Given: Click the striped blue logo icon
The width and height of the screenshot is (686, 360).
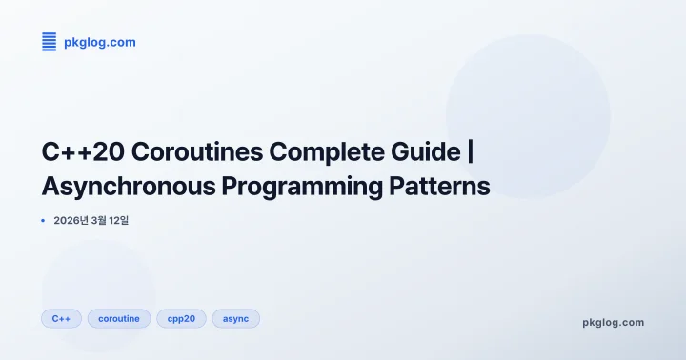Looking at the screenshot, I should [50, 41].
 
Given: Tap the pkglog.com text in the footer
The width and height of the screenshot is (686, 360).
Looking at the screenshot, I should [613, 322].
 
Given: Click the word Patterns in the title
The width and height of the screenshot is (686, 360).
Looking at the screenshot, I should [442, 186].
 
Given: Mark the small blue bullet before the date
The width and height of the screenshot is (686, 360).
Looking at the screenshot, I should [44, 221].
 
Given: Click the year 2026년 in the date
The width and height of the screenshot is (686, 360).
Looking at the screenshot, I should [72, 221].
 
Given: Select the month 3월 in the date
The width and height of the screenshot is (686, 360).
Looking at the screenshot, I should [104, 221].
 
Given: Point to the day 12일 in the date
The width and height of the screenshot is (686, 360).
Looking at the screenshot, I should [130, 221].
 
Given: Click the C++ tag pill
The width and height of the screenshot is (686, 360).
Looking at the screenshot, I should [61, 318].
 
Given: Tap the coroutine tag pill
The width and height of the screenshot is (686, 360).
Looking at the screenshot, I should [119, 318].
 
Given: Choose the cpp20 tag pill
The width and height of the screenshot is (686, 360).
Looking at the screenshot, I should [181, 318].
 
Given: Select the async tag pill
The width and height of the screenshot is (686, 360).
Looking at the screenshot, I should [235, 318].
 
